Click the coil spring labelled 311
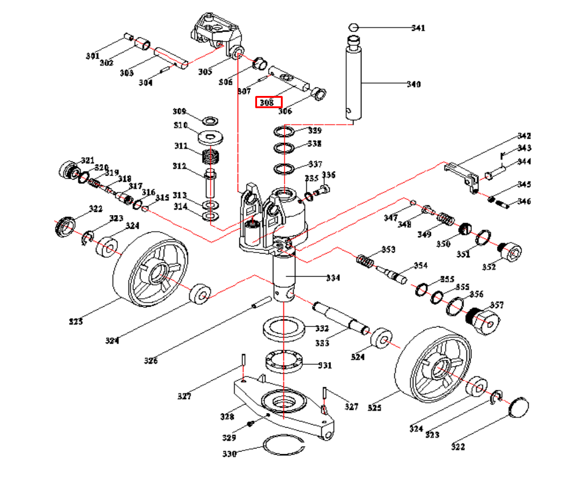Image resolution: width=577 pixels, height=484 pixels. [210, 158]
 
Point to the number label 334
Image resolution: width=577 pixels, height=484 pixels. [333, 278]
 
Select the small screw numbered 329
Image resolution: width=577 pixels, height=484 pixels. [249, 424]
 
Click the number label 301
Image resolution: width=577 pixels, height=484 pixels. [92, 56]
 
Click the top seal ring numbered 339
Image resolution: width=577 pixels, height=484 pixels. [284, 131]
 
